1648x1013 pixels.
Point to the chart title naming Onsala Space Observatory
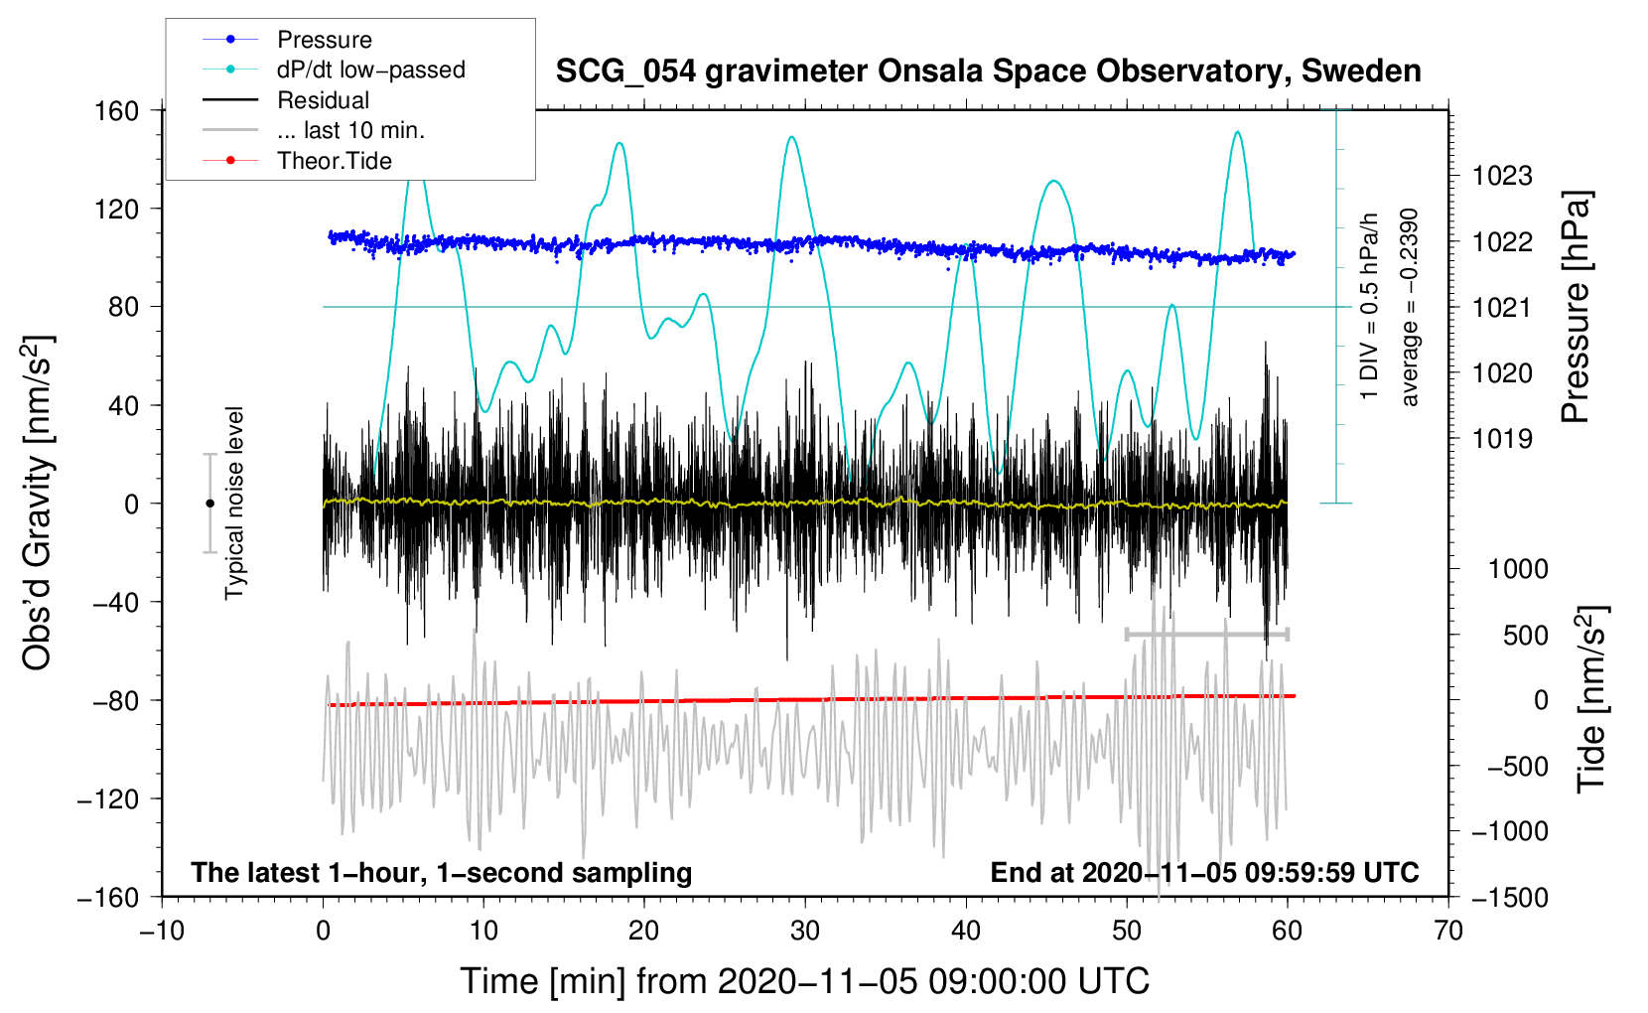coord(988,72)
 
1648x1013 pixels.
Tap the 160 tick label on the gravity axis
coord(117,111)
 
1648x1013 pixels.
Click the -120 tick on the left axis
coord(108,799)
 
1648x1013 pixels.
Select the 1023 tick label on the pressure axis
coord(1502,177)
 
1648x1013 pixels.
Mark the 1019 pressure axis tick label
coord(1502,439)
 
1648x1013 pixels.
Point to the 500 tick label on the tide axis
coord(1525,636)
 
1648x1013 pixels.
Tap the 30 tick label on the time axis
coord(805,932)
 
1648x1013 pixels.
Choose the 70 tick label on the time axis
coord(1448,932)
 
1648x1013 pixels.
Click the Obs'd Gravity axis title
coord(38,503)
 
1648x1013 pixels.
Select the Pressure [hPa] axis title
coord(1576,308)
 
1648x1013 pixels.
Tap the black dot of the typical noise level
coord(209,504)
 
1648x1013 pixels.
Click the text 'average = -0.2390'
coord(1410,308)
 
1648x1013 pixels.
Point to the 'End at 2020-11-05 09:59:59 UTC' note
coord(1204,873)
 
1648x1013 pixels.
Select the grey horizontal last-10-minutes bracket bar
coord(1206,634)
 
